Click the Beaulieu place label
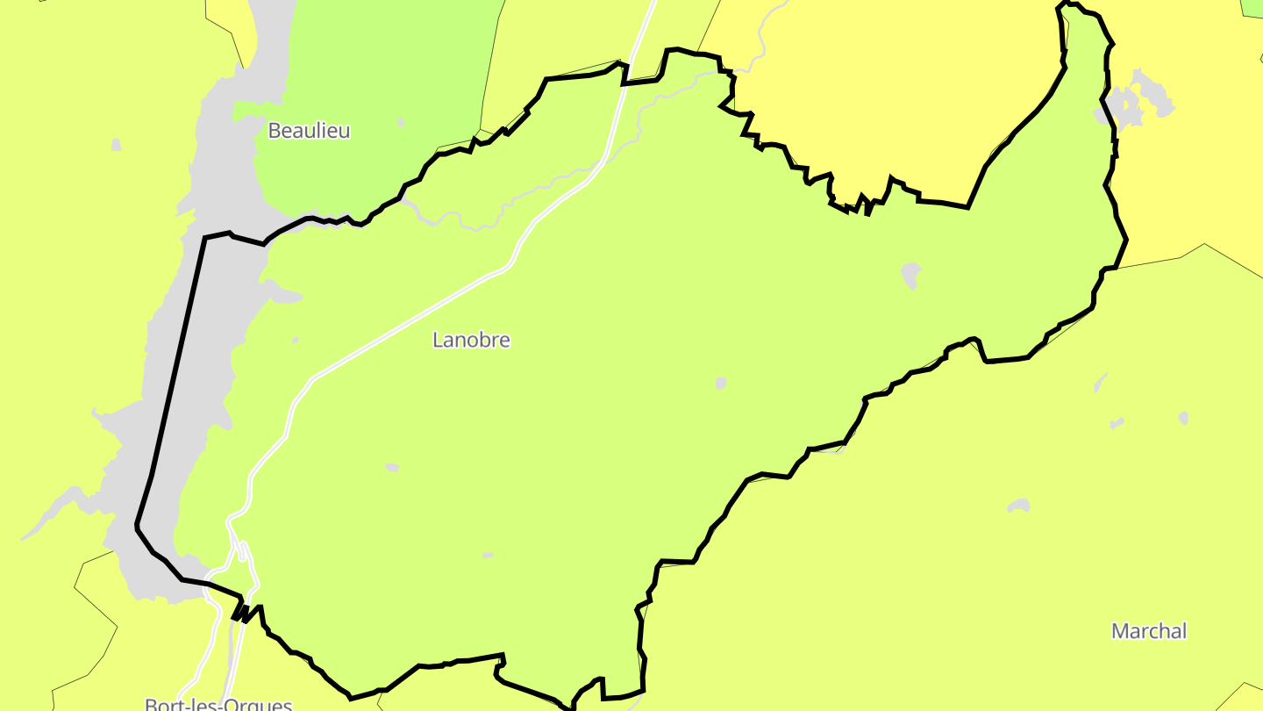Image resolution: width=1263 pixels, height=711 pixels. [309, 131]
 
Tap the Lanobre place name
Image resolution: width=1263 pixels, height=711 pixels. [471, 340]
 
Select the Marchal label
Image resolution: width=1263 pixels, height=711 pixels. [1148, 631]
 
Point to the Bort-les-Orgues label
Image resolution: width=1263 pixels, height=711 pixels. [218, 704]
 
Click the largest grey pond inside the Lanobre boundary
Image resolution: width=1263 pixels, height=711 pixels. [911, 274]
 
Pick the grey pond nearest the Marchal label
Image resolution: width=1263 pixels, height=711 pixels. [1018, 506]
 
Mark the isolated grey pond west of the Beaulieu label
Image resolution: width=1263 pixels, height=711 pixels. [116, 144]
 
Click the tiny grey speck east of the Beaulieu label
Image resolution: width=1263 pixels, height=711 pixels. [401, 122]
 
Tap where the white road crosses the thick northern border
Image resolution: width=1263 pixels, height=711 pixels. [624, 74]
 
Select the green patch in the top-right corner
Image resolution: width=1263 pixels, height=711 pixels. [1253, 7]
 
